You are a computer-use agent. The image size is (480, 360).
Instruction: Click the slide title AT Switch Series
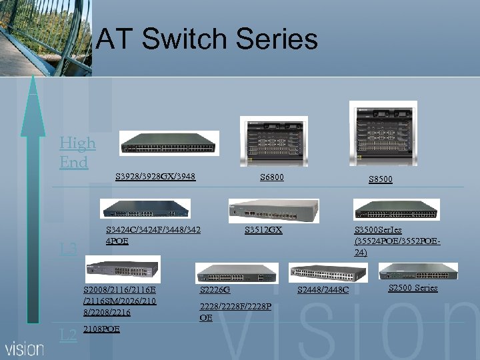click(x=207, y=39)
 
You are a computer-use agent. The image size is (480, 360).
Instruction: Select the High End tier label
click(x=77, y=152)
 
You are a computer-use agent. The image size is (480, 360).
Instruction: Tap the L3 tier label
click(x=69, y=249)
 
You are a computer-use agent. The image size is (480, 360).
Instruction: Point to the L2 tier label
click(x=68, y=335)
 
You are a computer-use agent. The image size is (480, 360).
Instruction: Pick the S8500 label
click(x=381, y=179)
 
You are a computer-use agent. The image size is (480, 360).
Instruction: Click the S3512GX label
click(x=263, y=230)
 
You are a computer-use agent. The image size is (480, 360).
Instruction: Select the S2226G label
click(x=215, y=290)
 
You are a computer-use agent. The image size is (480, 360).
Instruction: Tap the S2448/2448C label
click(x=323, y=289)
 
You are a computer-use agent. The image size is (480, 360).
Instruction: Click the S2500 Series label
click(x=413, y=288)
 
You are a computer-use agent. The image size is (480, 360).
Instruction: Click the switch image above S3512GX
click(x=273, y=211)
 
